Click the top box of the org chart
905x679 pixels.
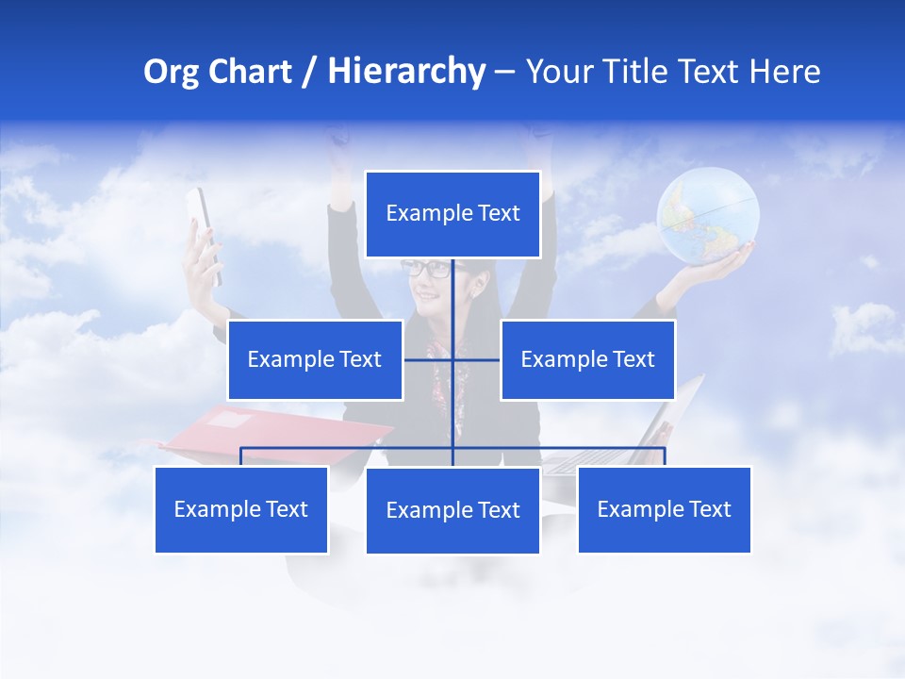452,214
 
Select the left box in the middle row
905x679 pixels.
315,359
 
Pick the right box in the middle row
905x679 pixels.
587,359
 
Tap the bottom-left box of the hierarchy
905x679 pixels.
241,509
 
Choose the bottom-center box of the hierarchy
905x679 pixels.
452,510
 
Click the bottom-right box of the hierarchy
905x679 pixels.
664,509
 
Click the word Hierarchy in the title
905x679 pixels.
406,72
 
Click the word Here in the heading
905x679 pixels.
785,72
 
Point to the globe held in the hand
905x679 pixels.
708,215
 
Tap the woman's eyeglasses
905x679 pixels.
426,268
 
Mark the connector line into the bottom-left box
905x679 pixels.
241,456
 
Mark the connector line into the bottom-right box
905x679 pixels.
664,456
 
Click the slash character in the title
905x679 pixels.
307,72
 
